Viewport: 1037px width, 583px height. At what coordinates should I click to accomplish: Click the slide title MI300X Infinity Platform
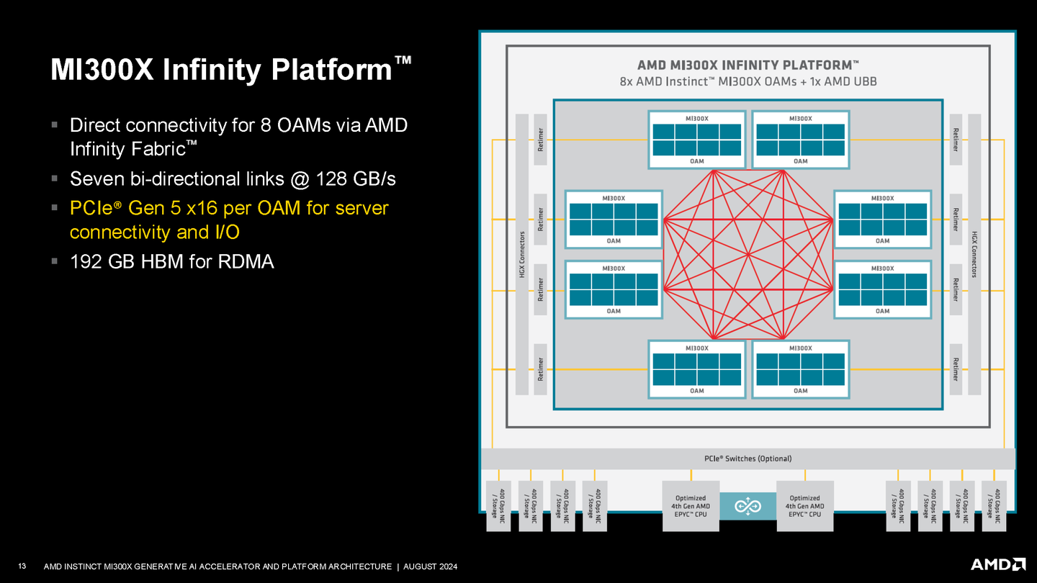[x=223, y=71]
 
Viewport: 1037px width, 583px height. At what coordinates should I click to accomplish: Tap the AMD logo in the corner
[x=997, y=564]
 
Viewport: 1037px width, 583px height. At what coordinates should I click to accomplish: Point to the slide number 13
[x=22, y=566]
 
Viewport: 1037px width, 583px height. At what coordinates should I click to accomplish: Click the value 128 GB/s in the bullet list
[x=356, y=178]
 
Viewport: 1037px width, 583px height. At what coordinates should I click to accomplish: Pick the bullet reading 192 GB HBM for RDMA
[x=171, y=261]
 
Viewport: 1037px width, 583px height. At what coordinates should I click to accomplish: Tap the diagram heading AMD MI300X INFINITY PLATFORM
[x=748, y=64]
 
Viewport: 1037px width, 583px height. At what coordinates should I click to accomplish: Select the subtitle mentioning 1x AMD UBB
[x=748, y=81]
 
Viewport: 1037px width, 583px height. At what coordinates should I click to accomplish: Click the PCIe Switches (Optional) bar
[x=748, y=458]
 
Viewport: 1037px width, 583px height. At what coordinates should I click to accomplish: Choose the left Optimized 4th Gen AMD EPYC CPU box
[x=691, y=506]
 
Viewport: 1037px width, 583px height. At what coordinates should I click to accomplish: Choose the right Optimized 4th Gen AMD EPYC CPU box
[x=804, y=506]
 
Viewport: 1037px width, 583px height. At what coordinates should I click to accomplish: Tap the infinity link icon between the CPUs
[x=748, y=507]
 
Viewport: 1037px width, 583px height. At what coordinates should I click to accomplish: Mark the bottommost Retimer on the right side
[x=956, y=369]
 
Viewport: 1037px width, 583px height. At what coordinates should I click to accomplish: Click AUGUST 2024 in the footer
[x=430, y=567]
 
